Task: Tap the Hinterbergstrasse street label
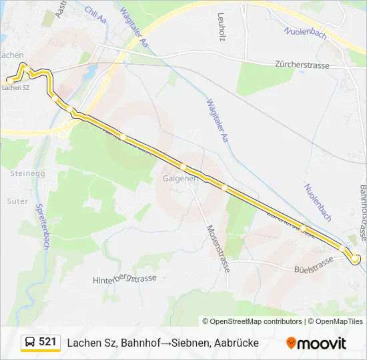[x=124, y=279]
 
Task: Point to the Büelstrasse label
[x=313, y=263]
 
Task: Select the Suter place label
[x=17, y=200]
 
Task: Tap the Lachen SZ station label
[x=17, y=87]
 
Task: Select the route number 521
[x=47, y=342]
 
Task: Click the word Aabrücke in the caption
[x=234, y=343]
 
